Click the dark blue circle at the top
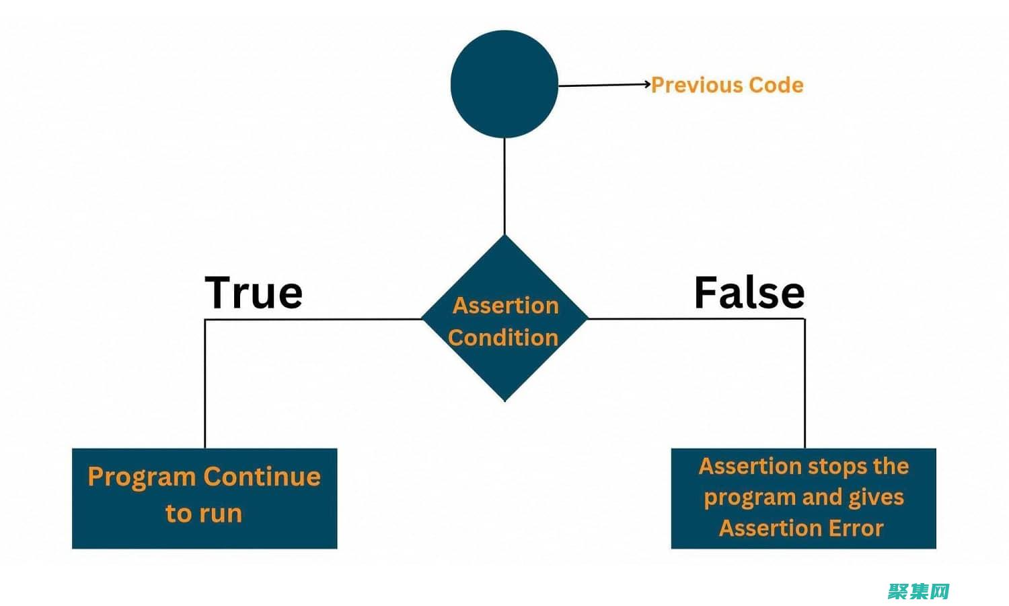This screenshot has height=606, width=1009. pyautogui.click(x=504, y=84)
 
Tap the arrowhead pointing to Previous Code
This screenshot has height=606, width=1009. pyautogui.click(x=647, y=84)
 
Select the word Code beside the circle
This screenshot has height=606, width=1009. pyautogui.click(x=776, y=85)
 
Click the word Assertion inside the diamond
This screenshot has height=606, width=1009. pyautogui.click(x=506, y=306)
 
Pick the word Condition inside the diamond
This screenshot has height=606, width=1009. pyautogui.click(x=503, y=337)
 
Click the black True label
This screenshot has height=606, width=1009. pyautogui.click(x=254, y=292)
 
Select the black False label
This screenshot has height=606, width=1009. pyautogui.click(x=749, y=292)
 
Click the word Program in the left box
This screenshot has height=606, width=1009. pyautogui.click(x=141, y=477)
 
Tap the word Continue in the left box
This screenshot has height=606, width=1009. pyautogui.click(x=262, y=477)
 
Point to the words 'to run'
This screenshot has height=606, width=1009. pyautogui.click(x=204, y=513)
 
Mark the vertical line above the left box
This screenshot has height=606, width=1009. pyautogui.click(x=205, y=384)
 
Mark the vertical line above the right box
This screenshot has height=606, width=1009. pyautogui.click(x=805, y=384)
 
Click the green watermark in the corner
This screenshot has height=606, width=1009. pyautogui.click(x=918, y=592)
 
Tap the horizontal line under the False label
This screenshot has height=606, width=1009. pyautogui.click(x=696, y=318)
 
